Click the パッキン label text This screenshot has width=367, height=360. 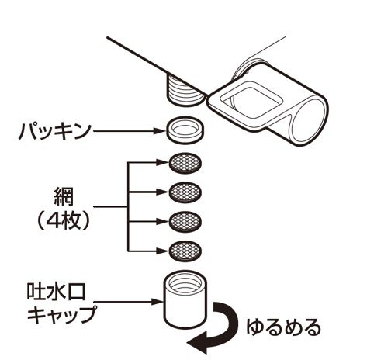(x=55, y=132)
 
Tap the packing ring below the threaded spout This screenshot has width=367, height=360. (x=185, y=130)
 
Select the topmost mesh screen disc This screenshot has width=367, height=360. (x=185, y=164)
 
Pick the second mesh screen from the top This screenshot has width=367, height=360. (x=185, y=192)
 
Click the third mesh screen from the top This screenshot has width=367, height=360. (x=185, y=222)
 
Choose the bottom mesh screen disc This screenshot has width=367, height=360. (x=185, y=251)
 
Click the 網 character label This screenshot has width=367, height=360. (x=63, y=198)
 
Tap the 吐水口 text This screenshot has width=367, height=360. (x=56, y=292)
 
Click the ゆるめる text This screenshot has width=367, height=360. (x=283, y=328)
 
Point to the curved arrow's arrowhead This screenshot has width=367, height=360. (x=197, y=344)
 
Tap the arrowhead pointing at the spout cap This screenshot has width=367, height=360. (x=158, y=302)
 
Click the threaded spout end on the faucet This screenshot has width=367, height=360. (x=185, y=91)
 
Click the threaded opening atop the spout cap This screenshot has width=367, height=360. (x=185, y=282)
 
